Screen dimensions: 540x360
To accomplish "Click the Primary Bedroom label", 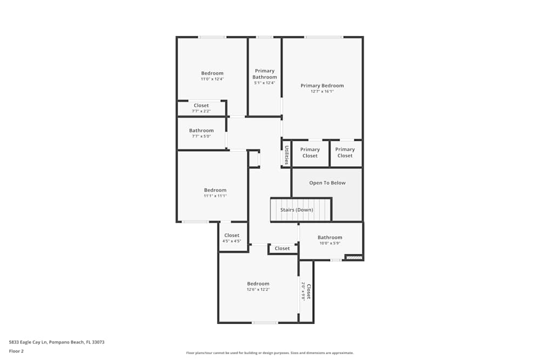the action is (x=322, y=86).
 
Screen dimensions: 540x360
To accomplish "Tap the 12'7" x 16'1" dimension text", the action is (x=322, y=92).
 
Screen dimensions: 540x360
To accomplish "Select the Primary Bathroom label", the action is (x=265, y=74).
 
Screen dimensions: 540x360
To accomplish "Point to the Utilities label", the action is (x=287, y=155).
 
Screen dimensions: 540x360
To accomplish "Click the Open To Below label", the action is (x=327, y=183).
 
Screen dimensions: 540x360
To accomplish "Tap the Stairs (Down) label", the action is (x=296, y=209).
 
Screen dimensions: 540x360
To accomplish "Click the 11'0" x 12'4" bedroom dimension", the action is (x=212, y=79).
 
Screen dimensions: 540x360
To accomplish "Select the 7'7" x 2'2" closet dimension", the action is (x=201, y=111).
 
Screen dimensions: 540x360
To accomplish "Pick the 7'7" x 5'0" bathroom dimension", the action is (x=201, y=137).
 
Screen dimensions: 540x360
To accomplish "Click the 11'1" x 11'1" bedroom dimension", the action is (x=215, y=196).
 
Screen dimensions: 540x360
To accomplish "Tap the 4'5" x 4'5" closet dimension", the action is (x=232, y=241).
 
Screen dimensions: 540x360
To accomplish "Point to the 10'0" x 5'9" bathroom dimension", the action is (x=330, y=243).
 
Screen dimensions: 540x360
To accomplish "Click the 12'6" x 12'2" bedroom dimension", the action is (x=258, y=290).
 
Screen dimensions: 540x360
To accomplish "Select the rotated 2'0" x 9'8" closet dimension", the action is (x=303, y=291).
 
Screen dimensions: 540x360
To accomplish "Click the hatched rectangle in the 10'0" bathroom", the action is (x=354, y=257).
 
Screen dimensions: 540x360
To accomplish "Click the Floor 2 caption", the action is (x=16, y=351).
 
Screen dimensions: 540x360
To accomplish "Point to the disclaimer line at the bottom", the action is (x=269, y=353).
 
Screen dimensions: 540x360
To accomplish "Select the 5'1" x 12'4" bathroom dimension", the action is (x=265, y=83).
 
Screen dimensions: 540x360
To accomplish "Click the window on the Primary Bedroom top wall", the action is (x=323, y=37).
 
